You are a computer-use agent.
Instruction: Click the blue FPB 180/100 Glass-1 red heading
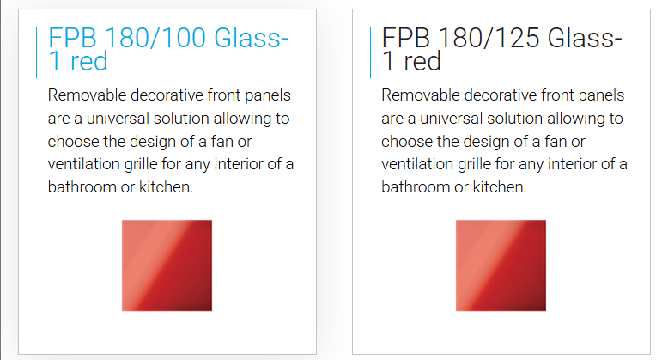coord(168,49)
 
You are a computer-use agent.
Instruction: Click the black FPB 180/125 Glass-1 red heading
coord(501,49)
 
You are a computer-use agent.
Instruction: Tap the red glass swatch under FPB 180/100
coord(167,265)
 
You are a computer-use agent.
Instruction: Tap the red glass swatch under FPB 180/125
coord(501,265)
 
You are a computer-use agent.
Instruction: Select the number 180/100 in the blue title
coord(155,38)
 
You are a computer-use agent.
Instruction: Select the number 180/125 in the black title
coord(489,38)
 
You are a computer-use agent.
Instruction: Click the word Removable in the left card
coord(87,95)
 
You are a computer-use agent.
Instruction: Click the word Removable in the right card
coord(421,95)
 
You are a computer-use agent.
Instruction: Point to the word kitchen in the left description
coord(166,186)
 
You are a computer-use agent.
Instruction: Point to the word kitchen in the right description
coord(500,186)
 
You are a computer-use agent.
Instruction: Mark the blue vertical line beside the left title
coord(37,52)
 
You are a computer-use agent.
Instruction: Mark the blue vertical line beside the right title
coord(370,52)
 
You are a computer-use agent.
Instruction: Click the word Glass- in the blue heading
coord(252,38)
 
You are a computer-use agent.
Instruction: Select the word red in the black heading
coord(422,61)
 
